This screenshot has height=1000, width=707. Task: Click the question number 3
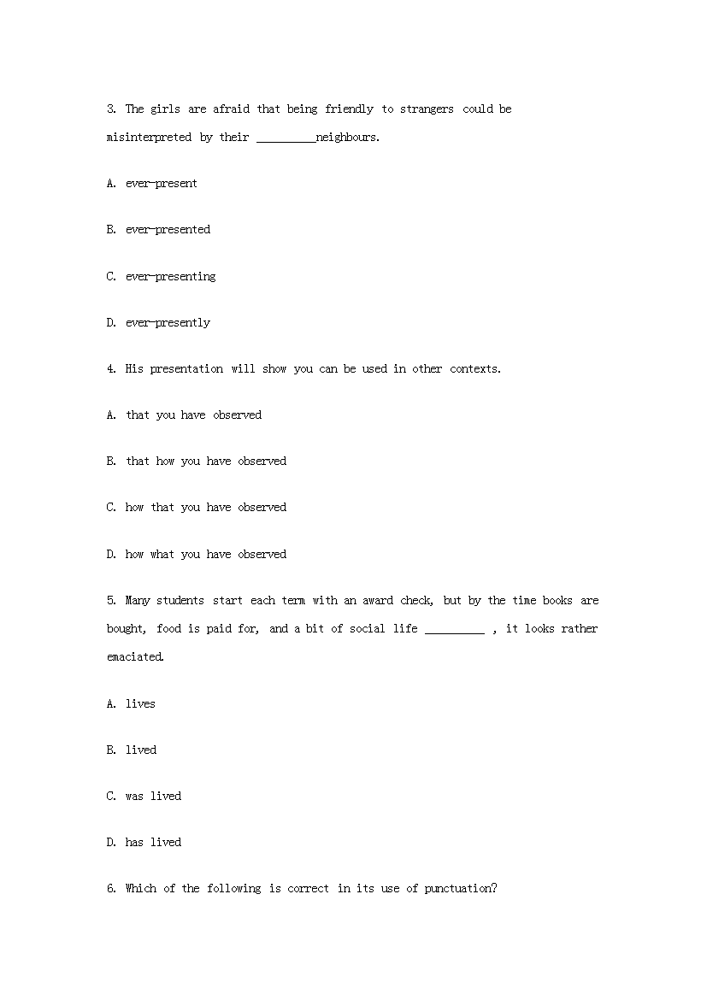click(111, 109)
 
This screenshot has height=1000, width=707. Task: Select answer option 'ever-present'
click(161, 184)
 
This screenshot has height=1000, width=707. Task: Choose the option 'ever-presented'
click(168, 230)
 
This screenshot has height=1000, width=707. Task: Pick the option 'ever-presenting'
click(170, 277)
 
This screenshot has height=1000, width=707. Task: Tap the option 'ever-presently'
click(168, 323)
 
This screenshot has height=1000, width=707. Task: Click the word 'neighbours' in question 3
click(346, 137)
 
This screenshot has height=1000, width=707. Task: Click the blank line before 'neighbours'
click(286, 138)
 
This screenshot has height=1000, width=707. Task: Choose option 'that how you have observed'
click(205, 462)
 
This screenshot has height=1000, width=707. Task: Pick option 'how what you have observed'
click(205, 555)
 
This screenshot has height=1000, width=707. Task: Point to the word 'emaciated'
click(135, 657)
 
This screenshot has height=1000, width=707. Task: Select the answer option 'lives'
click(140, 704)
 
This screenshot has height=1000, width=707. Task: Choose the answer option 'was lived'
click(153, 797)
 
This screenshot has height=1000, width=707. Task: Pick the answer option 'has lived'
click(153, 843)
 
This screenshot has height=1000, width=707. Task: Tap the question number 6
click(111, 889)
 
